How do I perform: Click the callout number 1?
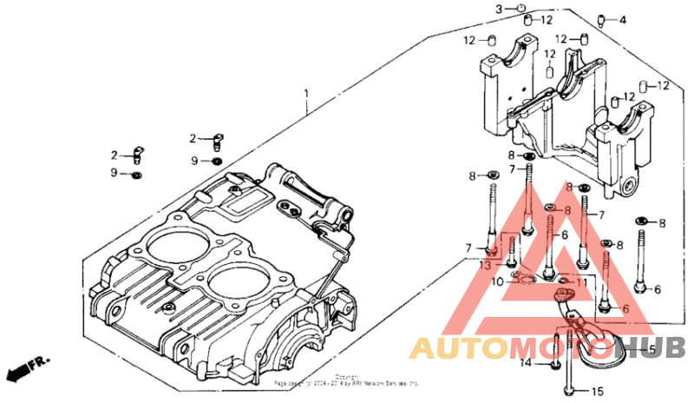coord(305,93)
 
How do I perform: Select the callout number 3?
coord(499,9)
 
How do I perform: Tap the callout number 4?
coord(622,20)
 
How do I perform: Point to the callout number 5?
coord(652,349)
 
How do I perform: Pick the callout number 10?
coord(497,282)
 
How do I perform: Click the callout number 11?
coord(582,282)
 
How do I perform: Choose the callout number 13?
coord(485,264)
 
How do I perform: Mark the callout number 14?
coord(525,363)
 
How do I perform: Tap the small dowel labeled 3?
coord(521,9)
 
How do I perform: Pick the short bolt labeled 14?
coord(549,362)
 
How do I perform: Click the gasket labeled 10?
coord(522,278)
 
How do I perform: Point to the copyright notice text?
coord(347,380)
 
